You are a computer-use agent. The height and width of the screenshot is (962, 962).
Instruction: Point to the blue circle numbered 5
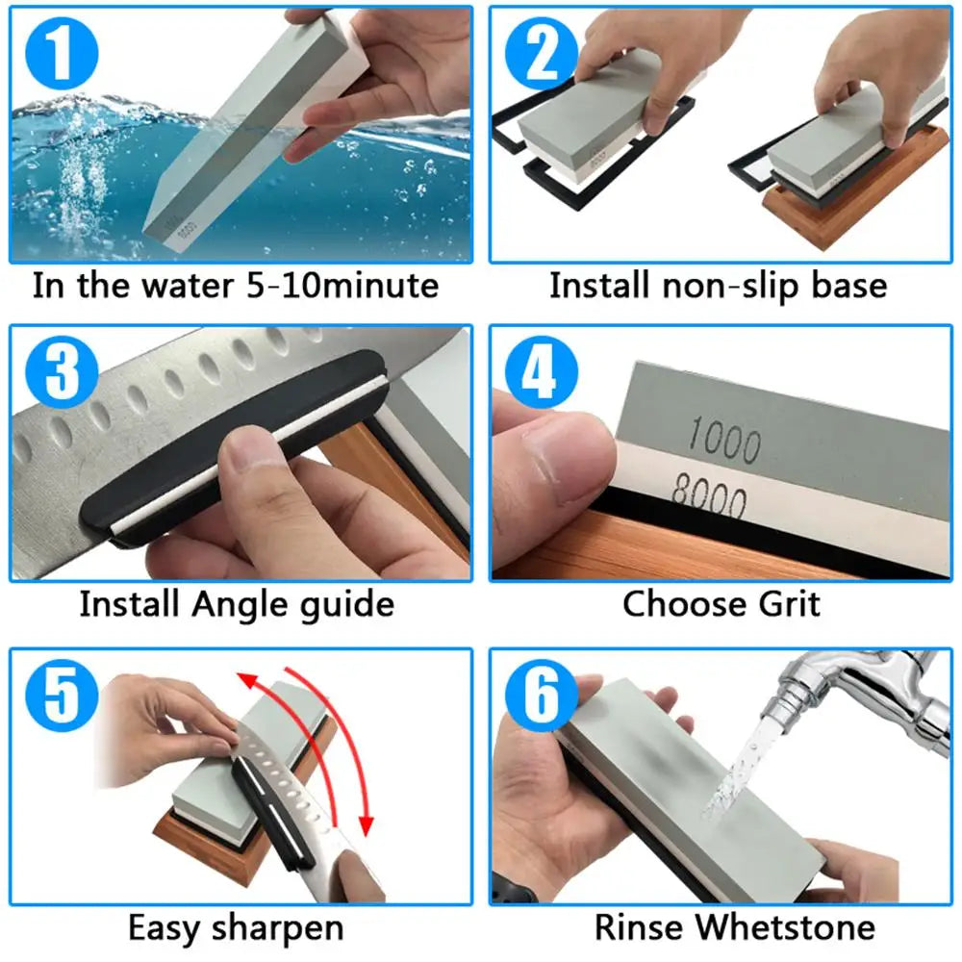coord(60,695)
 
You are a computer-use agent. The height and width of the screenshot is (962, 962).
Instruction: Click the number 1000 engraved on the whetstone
coord(723,442)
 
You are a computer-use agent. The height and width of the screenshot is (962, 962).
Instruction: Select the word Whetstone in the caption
coord(785,927)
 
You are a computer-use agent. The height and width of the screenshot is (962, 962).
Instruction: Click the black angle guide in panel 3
coord(231,438)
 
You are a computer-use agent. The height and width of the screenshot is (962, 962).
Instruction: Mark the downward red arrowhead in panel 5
coord(366,823)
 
